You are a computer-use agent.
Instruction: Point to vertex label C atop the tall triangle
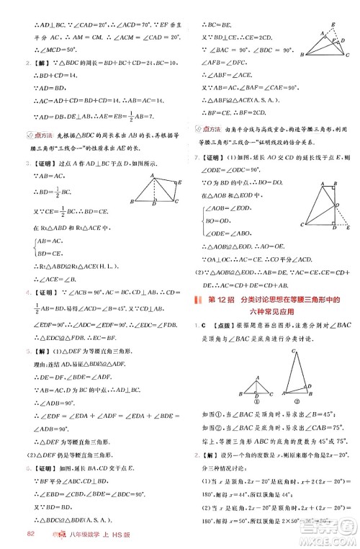click(x=294, y=351)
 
